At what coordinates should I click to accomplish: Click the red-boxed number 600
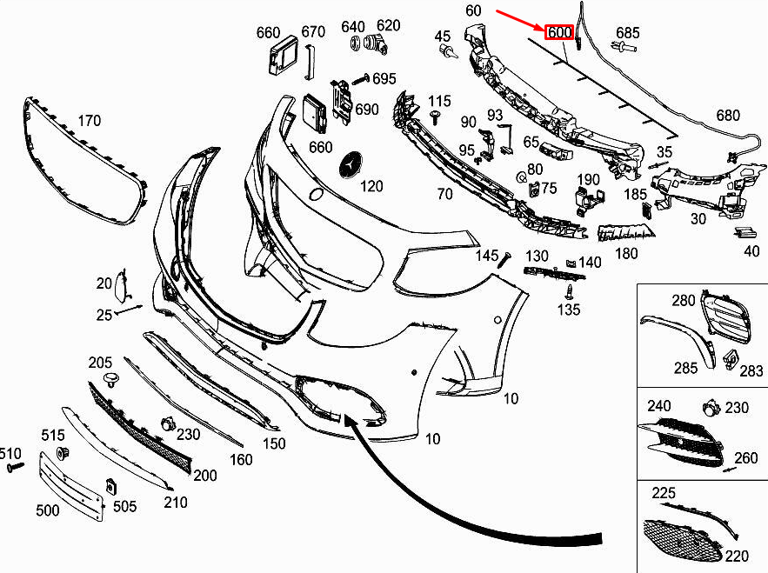558,32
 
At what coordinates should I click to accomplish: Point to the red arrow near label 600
519,20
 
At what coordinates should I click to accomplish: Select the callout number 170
90,120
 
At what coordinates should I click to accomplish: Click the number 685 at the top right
627,33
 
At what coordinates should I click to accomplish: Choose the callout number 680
727,116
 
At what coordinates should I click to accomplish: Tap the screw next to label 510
16,468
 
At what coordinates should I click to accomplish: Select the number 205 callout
101,363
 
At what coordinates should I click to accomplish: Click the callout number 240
658,406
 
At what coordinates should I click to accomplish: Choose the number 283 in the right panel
751,371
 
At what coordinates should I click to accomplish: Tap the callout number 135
569,310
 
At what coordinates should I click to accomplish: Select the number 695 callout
384,79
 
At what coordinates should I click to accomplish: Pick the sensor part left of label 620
357,43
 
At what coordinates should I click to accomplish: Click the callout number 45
443,36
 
